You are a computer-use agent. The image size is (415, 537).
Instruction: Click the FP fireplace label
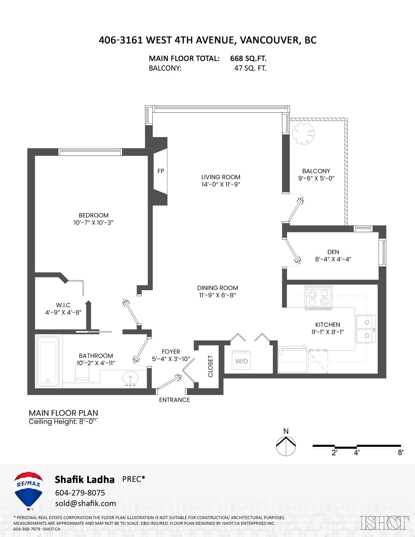(160, 171)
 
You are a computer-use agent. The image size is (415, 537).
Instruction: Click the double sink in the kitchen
(366, 329)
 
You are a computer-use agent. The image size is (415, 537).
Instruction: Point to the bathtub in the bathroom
(48, 361)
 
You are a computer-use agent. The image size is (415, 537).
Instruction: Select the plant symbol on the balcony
(303, 133)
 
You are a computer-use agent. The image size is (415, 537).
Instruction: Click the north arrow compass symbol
(286, 446)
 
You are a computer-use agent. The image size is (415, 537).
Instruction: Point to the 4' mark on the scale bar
(357, 453)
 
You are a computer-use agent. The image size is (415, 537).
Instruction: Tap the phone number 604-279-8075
(80, 493)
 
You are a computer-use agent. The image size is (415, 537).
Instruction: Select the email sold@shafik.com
(86, 503)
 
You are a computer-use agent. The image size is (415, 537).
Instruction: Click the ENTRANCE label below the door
(174, 400)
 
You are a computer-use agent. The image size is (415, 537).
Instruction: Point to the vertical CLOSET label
(210, 366)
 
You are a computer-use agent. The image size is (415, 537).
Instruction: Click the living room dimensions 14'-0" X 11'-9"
(221, 184)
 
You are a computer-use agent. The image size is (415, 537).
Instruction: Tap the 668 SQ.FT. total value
(248, 58)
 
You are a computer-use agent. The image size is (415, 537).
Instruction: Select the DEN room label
(333, 252)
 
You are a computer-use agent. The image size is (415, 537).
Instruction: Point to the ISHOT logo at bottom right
(385, 523)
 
